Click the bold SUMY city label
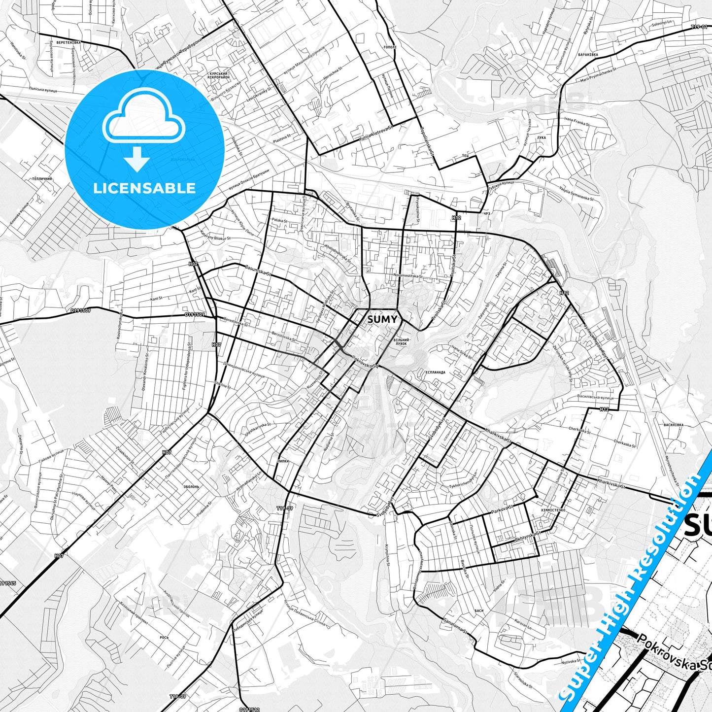point(382,319)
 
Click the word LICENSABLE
point(144,188)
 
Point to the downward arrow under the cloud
point(137,160)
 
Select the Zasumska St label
point(257,271)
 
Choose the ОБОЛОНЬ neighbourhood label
point(191,486)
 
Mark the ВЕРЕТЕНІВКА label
point(68,43)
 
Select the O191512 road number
point(249,710)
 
